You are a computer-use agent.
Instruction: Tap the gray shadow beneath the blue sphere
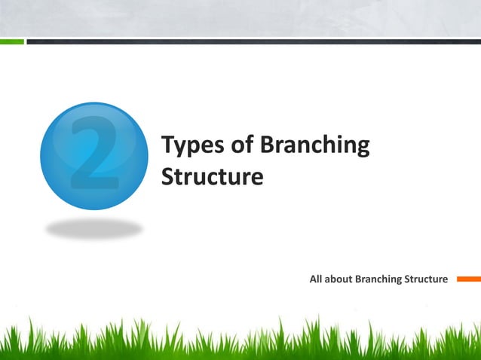click(93, 228)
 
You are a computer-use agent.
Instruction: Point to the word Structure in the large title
click(213, 176)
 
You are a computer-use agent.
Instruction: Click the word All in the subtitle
click(317, 279)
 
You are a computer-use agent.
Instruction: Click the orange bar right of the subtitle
click(467, 279)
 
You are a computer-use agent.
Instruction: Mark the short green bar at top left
click(12, 42)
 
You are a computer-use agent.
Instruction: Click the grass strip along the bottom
click(240, 339)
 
